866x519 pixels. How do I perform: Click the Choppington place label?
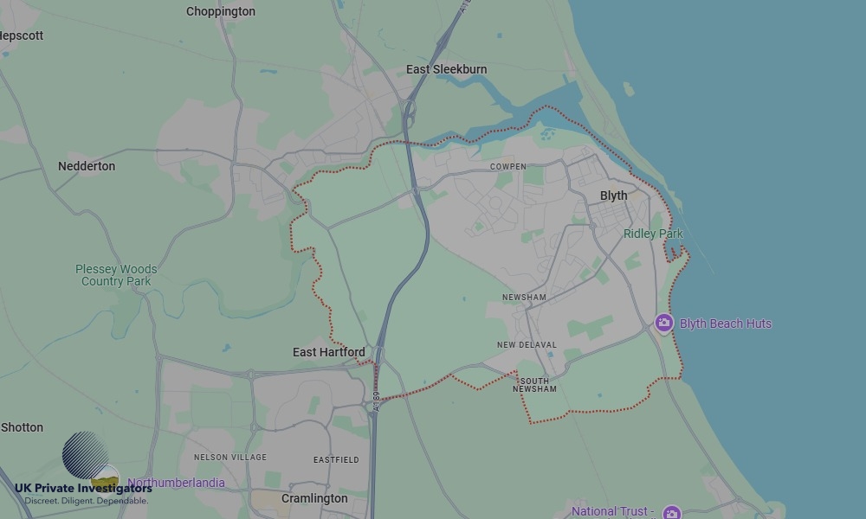click(221, 12)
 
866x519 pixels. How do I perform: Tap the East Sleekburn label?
click(447, 69)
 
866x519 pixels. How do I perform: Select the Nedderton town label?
click(87, 166)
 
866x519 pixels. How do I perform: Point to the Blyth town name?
click(613, 195)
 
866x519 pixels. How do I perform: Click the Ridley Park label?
click(653, 234)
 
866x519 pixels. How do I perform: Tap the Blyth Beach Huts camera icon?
click(664, 324)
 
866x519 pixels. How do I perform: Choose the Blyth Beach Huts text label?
click(726, 324)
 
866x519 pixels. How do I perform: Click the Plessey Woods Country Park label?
click(116, 275)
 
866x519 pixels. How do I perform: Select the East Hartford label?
click(328, 352)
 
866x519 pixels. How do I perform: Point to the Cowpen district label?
click(507, 167)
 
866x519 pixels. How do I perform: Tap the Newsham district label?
click(524, 298)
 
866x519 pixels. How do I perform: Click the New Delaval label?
click(527, 345)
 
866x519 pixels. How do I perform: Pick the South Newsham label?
click(534, 385)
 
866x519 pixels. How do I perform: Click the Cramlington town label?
click(314, 499)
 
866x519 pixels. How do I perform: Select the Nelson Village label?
click(230, 457)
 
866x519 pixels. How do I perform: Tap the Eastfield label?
click(336, 459)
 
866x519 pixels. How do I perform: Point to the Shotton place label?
click(23, 427)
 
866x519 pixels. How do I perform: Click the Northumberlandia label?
click(176, 483)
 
